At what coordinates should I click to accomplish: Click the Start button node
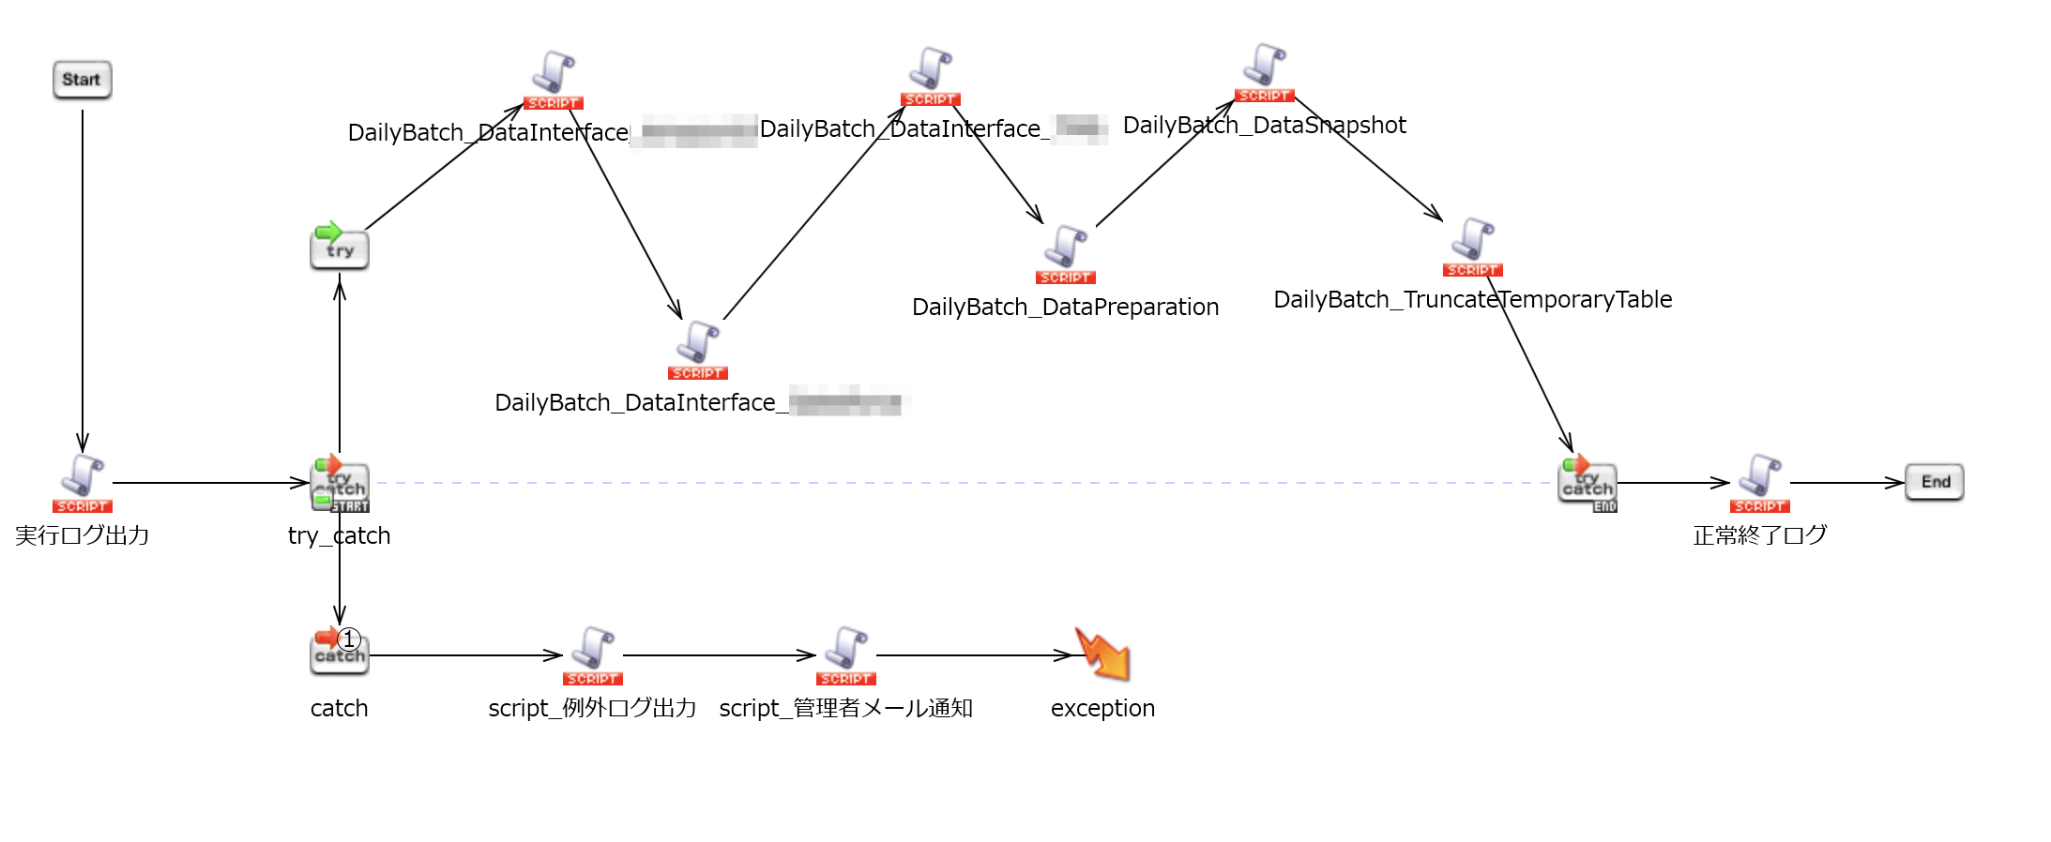(82, 80)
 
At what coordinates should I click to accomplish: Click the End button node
(1934, 482)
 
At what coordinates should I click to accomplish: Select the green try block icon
(339, 247)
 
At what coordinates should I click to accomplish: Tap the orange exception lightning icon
(1103, 654)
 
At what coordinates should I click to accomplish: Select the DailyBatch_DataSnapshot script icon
(1265, 71)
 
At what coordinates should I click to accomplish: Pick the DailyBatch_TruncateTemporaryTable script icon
(1473, 246)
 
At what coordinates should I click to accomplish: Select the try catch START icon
(339, 484)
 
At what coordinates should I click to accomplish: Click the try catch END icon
(1587, 483)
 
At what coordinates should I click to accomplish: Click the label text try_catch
(339, 535)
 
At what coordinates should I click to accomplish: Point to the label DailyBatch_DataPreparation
(1065, 307)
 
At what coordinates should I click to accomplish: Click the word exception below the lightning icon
(1102, 708)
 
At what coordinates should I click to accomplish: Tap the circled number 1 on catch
(349, 639)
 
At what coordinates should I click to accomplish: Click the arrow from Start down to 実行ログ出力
(83, 281)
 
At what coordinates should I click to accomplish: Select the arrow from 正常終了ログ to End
(1846, 483)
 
